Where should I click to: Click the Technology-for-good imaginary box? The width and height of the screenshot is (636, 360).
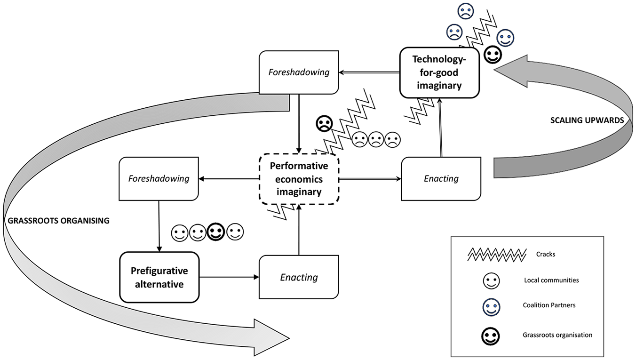(x=439, y=72)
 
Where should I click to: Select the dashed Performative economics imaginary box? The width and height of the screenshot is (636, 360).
(x=299, y=179)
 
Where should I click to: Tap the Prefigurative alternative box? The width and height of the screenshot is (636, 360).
(x=159, y=277)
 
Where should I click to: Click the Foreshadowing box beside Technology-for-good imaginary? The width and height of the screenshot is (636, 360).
(x=299, y=72)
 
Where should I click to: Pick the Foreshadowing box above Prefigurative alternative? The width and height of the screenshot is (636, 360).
(x=159, y=179)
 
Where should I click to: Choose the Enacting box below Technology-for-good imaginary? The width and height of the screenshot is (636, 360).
(x=441, y=179)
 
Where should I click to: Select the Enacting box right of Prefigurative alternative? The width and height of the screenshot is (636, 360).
(x=299, y=277)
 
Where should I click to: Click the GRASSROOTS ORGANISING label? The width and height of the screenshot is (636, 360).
(x=58, y=221)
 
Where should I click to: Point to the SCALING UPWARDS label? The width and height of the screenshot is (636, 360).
(x=587, y=120)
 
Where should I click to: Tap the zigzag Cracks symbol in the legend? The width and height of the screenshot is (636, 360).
(x=497, y=255)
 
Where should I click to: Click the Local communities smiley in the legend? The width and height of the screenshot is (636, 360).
(x=491, y=281)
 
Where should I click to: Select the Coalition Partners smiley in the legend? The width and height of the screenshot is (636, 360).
(x=491, y=307)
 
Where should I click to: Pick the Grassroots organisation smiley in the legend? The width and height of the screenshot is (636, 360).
(x=490, y=336)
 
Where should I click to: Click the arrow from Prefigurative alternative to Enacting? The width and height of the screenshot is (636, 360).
(x=229, y=277)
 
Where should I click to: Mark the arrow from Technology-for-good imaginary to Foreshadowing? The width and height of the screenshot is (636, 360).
(x=369, y=72)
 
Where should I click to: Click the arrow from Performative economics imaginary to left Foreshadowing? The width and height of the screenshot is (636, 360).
(x=229, y=179)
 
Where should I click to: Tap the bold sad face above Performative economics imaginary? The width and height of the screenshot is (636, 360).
(x=324, y=124)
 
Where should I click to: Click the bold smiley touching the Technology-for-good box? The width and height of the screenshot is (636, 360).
(x=493, y=55)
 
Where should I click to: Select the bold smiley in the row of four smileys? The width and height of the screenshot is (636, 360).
(x=216, y=232)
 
